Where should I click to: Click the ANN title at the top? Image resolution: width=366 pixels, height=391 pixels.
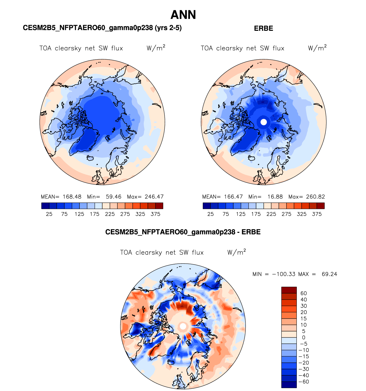[183, 15]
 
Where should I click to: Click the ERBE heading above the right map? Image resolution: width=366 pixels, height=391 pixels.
[263, 28]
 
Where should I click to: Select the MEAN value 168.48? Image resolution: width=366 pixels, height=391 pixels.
[72, 197]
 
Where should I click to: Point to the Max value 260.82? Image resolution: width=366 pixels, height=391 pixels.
[315, 197]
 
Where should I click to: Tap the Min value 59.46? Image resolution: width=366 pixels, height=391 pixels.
[113, 197]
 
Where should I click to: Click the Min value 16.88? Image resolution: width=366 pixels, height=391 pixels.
[275, 197]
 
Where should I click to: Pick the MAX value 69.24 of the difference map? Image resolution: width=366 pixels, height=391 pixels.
[329, 274]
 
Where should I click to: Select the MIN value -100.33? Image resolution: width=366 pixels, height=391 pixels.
[284, 274]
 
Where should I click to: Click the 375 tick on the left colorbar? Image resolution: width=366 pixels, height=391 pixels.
[156, 214]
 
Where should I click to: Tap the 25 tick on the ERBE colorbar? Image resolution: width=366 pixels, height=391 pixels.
[210, 214]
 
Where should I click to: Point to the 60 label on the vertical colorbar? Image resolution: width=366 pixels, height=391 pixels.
[304, 293]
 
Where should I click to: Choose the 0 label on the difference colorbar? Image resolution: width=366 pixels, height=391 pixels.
[304, 337]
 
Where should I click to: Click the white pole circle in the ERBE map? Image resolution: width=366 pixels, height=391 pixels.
[264, 122]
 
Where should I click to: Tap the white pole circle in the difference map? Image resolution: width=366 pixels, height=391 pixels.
[183, 326]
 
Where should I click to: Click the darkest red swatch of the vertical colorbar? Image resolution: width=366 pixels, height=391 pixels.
[289, 290]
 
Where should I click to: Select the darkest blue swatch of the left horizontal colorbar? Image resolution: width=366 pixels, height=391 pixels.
[45, 206]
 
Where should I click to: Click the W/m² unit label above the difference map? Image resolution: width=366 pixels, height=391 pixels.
[236, 252]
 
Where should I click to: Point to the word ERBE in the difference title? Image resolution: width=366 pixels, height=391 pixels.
[251, 232]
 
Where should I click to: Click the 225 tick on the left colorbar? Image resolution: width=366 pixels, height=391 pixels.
[110, 214]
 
